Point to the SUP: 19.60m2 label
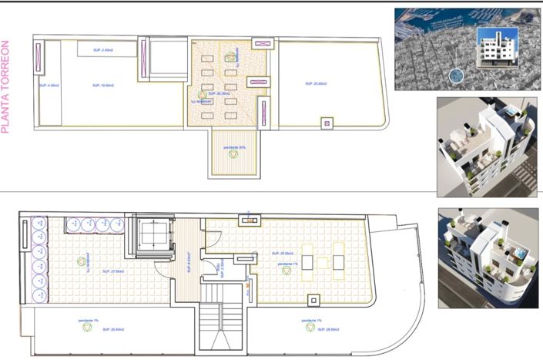102,86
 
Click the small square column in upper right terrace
326,123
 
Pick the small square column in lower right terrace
313,299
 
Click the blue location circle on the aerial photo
456,76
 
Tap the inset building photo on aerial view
493,48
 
